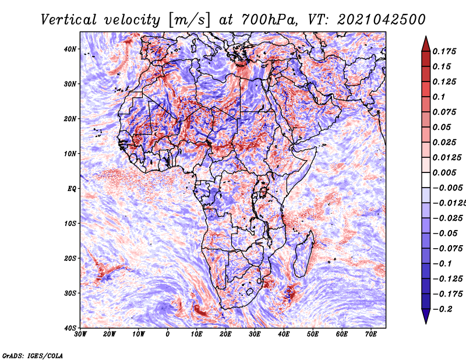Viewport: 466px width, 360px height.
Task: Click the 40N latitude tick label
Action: click(70, 49)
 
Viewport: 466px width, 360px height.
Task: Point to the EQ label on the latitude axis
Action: click(72, 189)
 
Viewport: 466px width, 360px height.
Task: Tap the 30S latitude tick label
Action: click(70, 293)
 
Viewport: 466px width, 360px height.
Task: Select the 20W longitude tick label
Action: click(110, 334)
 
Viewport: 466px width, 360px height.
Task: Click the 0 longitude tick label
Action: click(168, 334)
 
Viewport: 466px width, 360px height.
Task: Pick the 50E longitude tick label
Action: click(313, 334)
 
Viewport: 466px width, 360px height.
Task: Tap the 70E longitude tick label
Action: click(371, 334)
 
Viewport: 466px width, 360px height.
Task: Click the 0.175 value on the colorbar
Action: click(444, 51)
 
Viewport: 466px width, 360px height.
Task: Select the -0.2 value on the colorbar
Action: click(443, 309)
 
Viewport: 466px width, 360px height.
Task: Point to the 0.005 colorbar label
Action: click(444, 172)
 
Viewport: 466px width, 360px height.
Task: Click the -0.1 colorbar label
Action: click(443, 264)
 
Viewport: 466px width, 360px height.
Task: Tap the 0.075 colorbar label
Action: click(444, 112)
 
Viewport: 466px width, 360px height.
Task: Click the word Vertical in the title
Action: click(69, 20)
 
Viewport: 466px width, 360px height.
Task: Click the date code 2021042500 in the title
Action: click(382, 20)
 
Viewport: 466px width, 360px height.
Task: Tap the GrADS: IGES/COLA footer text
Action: click(33, 356)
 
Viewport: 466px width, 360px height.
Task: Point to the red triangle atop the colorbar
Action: click(426, 44)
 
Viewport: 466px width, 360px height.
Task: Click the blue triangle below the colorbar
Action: click(426, 316)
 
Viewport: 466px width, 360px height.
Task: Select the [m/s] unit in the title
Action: click(189, 20)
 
